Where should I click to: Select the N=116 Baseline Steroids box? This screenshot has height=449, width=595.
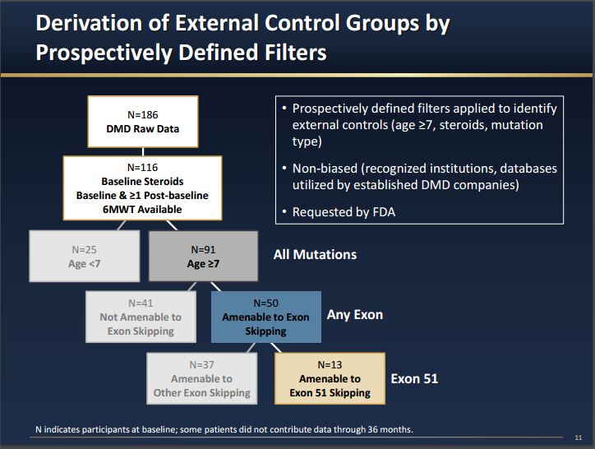[x=142, y=188]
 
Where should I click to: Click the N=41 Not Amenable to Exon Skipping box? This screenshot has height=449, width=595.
[x=141, y=316]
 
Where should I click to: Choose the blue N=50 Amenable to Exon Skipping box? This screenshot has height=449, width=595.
[x=265, y=316]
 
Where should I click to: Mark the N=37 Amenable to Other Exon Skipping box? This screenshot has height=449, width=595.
[x=201, y=378]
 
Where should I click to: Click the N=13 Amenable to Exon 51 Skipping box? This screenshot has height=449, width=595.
[x=329, y=378]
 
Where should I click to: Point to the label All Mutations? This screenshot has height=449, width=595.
[x=315, y=254]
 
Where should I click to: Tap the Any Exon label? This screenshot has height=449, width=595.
[x=355, y=314]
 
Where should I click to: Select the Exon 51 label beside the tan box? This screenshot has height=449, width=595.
[x=414, y=378]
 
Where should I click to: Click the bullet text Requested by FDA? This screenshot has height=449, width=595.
[x=344, y=212]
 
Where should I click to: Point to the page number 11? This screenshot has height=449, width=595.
[x=579, y=437]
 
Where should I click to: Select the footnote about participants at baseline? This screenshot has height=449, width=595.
[x=223, y=430]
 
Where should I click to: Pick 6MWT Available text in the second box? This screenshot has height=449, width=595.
[x=142, y=209]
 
